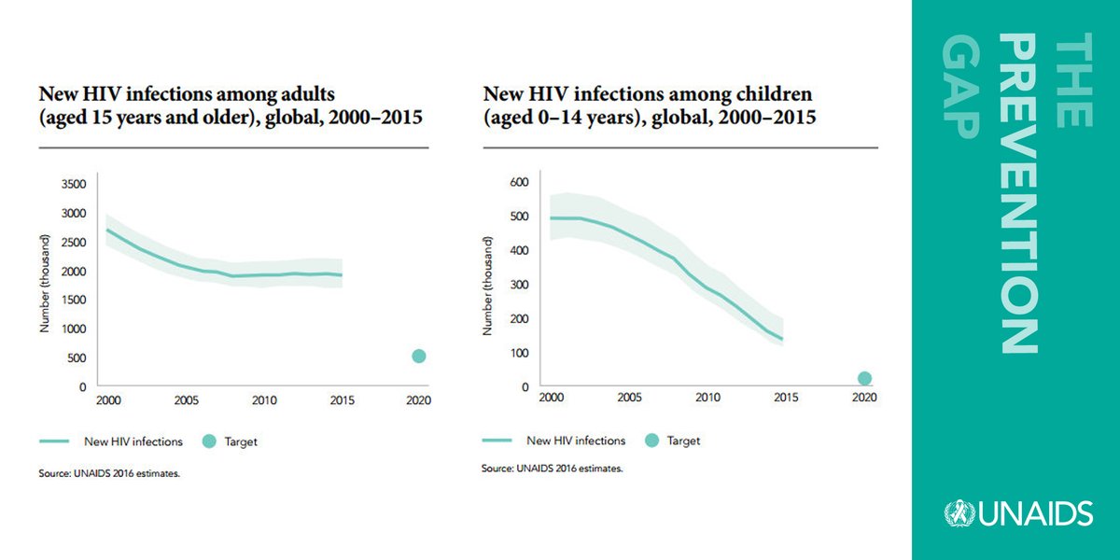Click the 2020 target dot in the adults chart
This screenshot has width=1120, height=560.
tap(419, 356)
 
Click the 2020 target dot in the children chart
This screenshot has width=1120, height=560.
tap(864, 378)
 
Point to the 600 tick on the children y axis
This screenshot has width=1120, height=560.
tap(518, 182)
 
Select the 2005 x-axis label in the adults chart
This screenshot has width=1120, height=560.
tap(186, 399)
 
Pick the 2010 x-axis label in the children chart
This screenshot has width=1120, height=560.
tap(707, 397)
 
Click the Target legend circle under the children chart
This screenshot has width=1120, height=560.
tap(651, 441)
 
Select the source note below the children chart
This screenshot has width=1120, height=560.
tap(552, 468)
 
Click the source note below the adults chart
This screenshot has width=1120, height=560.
tap(109, 473)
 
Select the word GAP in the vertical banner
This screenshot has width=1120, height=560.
tap(958, 90)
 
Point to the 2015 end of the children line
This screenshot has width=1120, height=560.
tap(782, 339)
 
